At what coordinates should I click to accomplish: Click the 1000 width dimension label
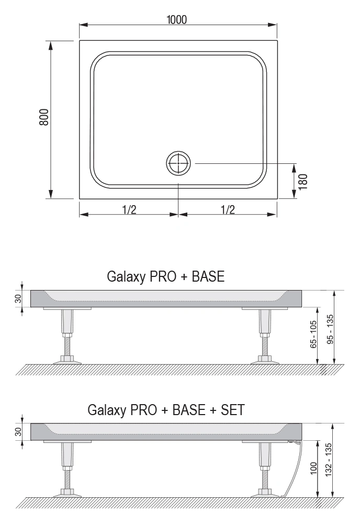tap(177, 20)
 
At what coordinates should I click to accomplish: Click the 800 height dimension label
tap(44, 117)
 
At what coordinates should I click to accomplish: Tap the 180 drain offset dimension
tap(303, 182)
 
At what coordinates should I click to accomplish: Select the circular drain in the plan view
tap(178, 163)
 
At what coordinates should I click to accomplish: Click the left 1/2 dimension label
tap(129, 209)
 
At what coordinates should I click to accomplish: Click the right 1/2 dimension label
tap(228, 209)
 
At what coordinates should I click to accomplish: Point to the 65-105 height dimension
tap(313, 335)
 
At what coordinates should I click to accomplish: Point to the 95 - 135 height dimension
tap(330, 329)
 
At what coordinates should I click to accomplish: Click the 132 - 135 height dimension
tap(329, 460)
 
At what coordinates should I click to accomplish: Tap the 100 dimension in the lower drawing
tap(313, 469)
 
